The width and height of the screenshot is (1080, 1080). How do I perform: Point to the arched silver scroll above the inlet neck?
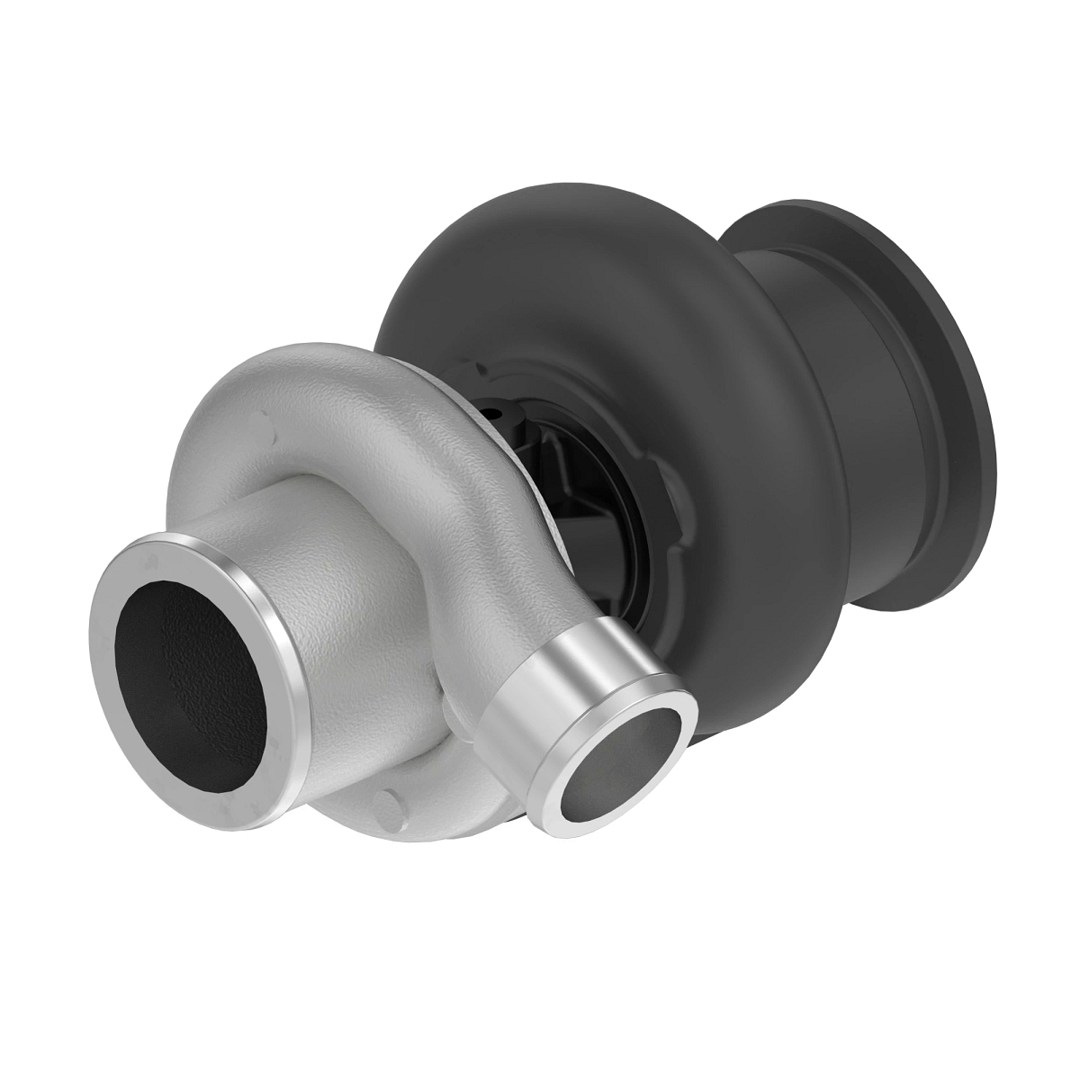(297, 396)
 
